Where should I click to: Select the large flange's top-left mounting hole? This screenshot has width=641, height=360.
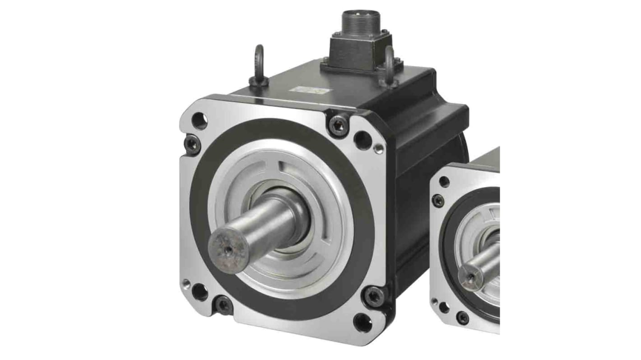pos(199,120)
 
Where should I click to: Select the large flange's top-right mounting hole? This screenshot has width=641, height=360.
pos(362,140)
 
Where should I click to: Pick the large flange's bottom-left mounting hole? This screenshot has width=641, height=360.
pos(200,292)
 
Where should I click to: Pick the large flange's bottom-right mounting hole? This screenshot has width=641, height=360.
pos(362,322)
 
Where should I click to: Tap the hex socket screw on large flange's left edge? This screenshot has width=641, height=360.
pos(192,144)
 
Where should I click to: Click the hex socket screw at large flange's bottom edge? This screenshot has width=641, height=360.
pos(223,305)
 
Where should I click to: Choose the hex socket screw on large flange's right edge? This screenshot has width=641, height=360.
pos(374,295)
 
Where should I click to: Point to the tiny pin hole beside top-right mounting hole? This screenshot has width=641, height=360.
pos(378,148)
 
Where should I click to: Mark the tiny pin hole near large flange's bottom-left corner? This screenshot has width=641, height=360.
pos(186,283)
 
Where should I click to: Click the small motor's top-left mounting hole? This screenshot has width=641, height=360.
pos(444,181)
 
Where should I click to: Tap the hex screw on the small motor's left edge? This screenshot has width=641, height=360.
pos(438,201)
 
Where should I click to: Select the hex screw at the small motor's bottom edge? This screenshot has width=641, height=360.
pos(462,317)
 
